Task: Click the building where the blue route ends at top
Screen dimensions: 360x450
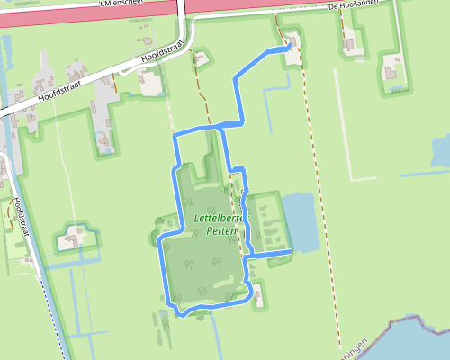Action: [x=292, y=57]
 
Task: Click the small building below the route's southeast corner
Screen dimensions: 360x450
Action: [x=259, y=293]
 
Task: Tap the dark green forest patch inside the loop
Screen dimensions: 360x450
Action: [x=202, y=261]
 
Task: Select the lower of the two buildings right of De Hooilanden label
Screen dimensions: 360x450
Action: [x=392, y=70]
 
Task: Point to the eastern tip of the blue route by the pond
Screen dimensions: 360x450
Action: [x=292, y=255]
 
